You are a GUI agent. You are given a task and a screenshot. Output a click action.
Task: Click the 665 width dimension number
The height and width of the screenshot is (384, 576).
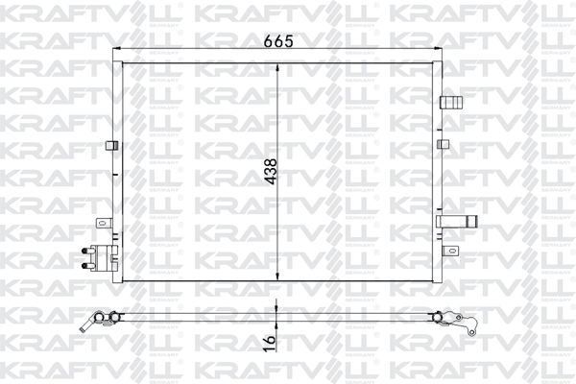(277, 41)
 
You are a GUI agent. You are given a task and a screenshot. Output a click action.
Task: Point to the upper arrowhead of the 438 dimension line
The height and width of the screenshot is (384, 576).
(276, 68)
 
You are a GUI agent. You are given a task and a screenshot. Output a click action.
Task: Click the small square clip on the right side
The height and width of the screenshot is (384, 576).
(443, 144)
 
